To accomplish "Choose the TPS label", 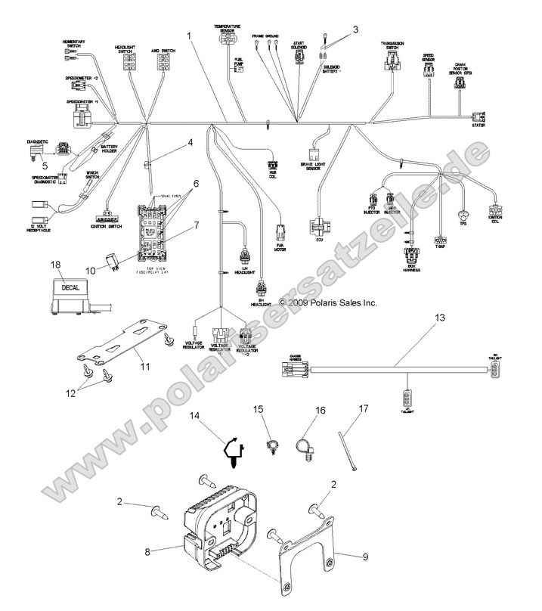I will click(463, 224).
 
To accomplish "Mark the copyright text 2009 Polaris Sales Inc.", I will click(317, 302).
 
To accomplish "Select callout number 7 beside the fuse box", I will click(195, 225).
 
